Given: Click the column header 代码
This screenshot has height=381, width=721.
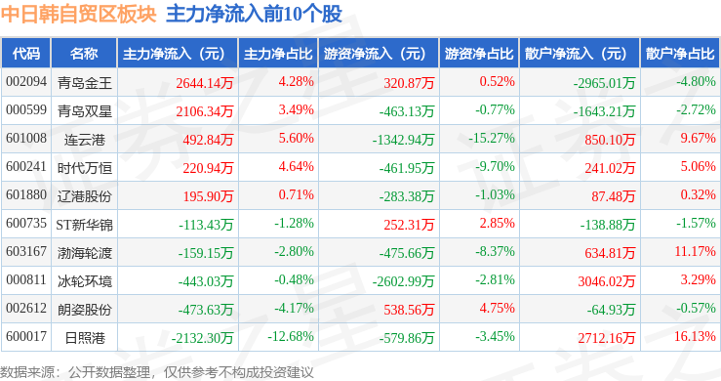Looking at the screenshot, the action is pyautogui.click(x=26, y=54).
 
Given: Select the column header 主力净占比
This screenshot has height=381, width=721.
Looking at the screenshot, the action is pyautogui.click(x=278, y=54).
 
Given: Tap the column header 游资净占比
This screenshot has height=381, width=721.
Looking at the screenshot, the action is pyautogui.click(x=479, y=54).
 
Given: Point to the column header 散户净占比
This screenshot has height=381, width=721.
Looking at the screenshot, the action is pyautogui.click(x=680, y=54).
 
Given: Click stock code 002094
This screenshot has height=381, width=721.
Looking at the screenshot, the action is pyautogui.click(x=26, y=82).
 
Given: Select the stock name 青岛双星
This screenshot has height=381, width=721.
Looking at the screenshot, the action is pyautogui.click(x=85, y=111).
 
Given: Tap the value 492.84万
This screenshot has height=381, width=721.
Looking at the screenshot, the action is pyautogui.click(x=208, y=139).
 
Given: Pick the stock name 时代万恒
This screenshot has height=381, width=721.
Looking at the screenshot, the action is pyautogui.click(x=85, y=168).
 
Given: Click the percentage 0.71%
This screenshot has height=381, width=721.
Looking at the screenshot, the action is pyautogui.click(x=297, y=194).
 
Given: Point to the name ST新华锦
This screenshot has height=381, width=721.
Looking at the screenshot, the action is pyautogui.click(x=84, y=225).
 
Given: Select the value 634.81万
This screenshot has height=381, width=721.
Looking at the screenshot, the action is pyautogui.click(x=610, y=252).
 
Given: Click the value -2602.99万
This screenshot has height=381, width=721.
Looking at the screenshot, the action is pyautogui.click(x=403, y=281).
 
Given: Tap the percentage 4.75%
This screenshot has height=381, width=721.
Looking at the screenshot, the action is pyautogui.click(x=497, y=308).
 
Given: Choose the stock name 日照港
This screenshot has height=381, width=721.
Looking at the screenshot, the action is pyautogui.click(x=85, y=338).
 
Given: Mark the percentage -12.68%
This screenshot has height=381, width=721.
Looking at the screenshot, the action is pyautogui.click(x=291, y=337).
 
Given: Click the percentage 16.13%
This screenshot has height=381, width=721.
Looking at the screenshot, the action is pyautogui.click(x=695, y=337).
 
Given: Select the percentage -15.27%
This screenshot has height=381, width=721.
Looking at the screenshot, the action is pyautogui.click(x=492, y=138).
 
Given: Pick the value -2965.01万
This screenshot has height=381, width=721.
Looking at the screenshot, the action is pyautogui.click(x=604, y=83).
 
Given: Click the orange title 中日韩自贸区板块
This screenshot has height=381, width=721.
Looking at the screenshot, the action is pyautogui.click(x=79, y=14).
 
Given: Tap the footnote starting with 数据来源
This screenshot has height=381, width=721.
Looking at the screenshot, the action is pyautogui.click(x=157, y=372).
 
